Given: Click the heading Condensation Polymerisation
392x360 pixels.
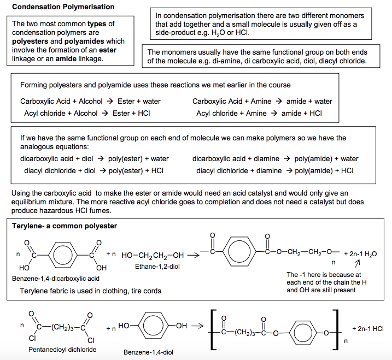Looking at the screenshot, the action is [x=63, y=7].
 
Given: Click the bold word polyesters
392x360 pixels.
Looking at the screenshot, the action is [x=30, y=41].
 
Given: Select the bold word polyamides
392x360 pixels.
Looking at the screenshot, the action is [x=84, y=41].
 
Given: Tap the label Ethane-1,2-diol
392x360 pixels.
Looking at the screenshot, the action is [x=157, y=267].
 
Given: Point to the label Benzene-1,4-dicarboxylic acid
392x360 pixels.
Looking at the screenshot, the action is [x=56, y=279].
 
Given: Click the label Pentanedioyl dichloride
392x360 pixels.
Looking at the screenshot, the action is [x=62, y=349].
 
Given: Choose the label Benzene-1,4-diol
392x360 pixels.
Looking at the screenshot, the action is [x=148, y=352].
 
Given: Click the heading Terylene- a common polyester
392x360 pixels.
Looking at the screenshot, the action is [x=65, y=226].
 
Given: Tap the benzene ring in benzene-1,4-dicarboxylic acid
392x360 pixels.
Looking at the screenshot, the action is [x=63, y=255].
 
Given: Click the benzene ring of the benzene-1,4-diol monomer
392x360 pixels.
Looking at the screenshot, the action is [x=153, y=326].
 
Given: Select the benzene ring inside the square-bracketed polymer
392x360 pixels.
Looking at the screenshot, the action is [x=303, y=333].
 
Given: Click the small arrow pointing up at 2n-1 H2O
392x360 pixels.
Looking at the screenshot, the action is [x=358, y=263].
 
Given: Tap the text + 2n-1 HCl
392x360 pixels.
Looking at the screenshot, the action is [x=368, y=328].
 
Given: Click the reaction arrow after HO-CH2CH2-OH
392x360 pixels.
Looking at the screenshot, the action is [x=193, y=255].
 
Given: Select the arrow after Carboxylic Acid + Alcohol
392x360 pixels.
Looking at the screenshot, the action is [x=110, y=101].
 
